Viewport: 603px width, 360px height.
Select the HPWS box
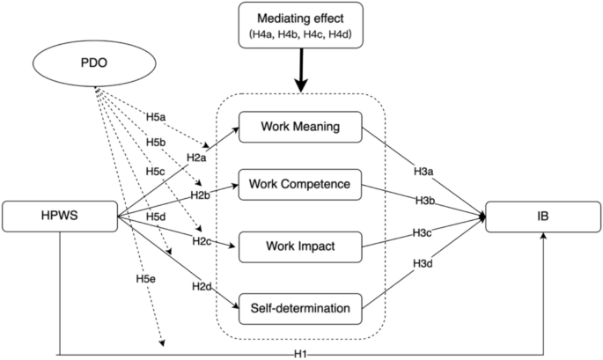click(x=60, y=215)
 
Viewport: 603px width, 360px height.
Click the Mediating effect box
click(x=301, y=26)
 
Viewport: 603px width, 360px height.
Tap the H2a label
click(x=195, y=157)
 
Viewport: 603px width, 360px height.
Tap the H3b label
click(x=423, y=202)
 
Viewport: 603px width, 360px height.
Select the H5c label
click(x=154, y=170)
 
